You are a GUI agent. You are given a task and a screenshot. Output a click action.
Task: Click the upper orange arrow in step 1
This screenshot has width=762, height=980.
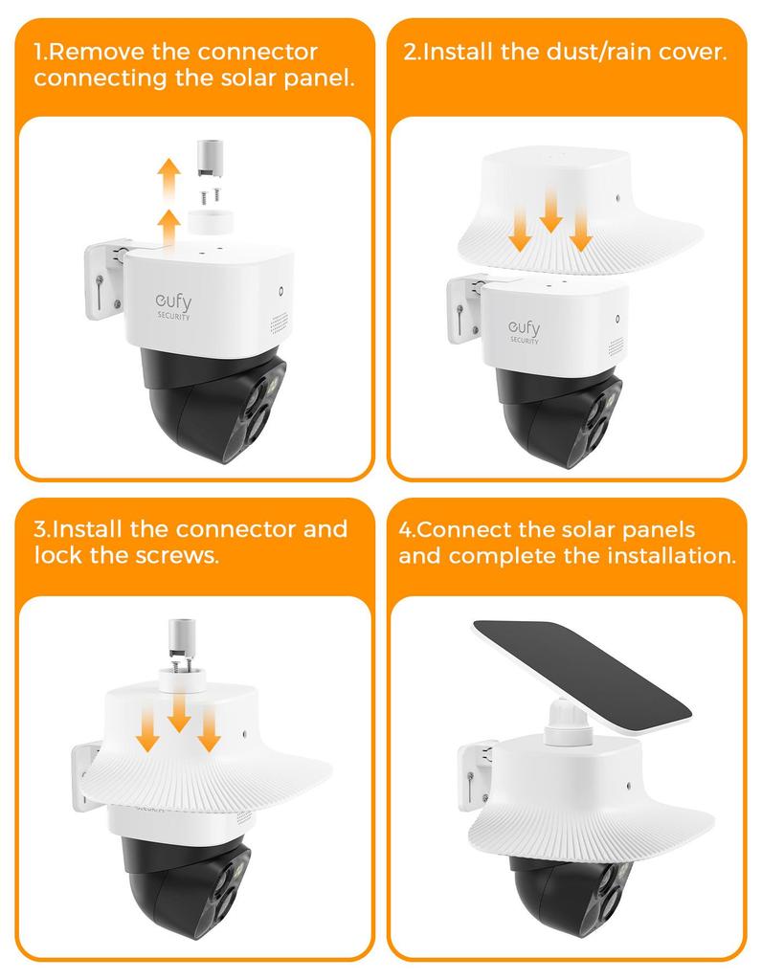click(168, 177)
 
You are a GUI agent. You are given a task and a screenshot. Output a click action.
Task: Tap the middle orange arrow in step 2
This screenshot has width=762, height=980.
click(550, 212)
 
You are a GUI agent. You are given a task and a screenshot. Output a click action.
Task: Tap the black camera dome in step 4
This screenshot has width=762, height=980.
click(565, 894)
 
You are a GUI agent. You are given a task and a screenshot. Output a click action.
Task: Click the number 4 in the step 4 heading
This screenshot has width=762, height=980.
click(405, 529)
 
